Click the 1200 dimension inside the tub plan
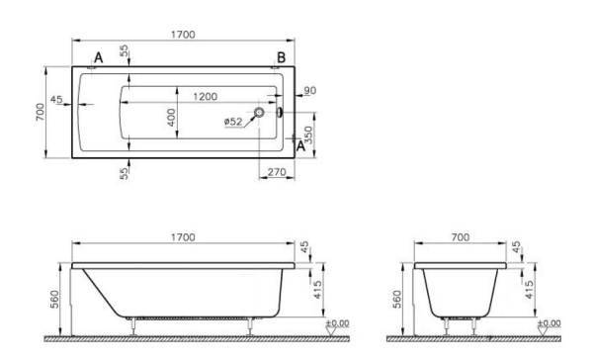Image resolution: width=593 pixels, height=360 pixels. coord(205,97)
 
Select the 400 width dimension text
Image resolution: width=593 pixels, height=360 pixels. coord(171,118)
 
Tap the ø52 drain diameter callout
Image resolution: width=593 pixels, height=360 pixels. coord(233,122)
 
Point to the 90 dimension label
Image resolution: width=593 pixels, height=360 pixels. coord(309,91)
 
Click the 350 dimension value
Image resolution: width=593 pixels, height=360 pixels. coord(308,135)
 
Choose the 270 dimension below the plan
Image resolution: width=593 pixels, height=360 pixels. coord(277,172)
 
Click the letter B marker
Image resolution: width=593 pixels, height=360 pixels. coord(281,58)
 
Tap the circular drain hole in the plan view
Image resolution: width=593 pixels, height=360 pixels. coord(259,112)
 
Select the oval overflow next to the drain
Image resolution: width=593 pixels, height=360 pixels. coord(280,112)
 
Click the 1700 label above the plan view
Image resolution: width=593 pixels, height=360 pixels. coord(184,35)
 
